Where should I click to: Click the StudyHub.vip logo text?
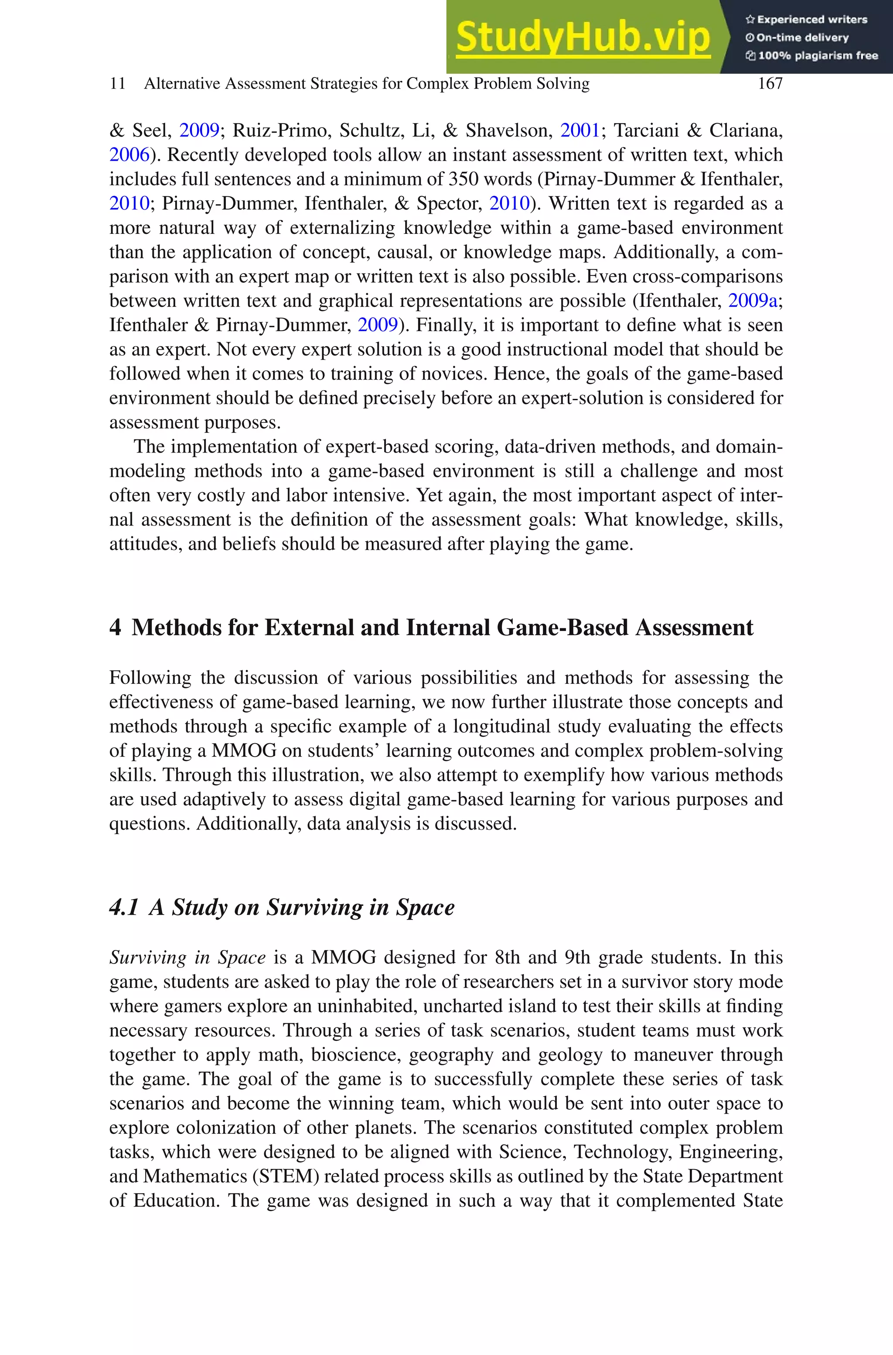tap(583, 37)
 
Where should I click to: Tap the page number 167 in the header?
tap(770, 84)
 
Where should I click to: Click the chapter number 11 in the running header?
tap(117, 84)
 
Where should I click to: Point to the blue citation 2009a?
tap(752, 300)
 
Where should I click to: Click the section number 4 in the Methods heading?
tap(115, 628)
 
